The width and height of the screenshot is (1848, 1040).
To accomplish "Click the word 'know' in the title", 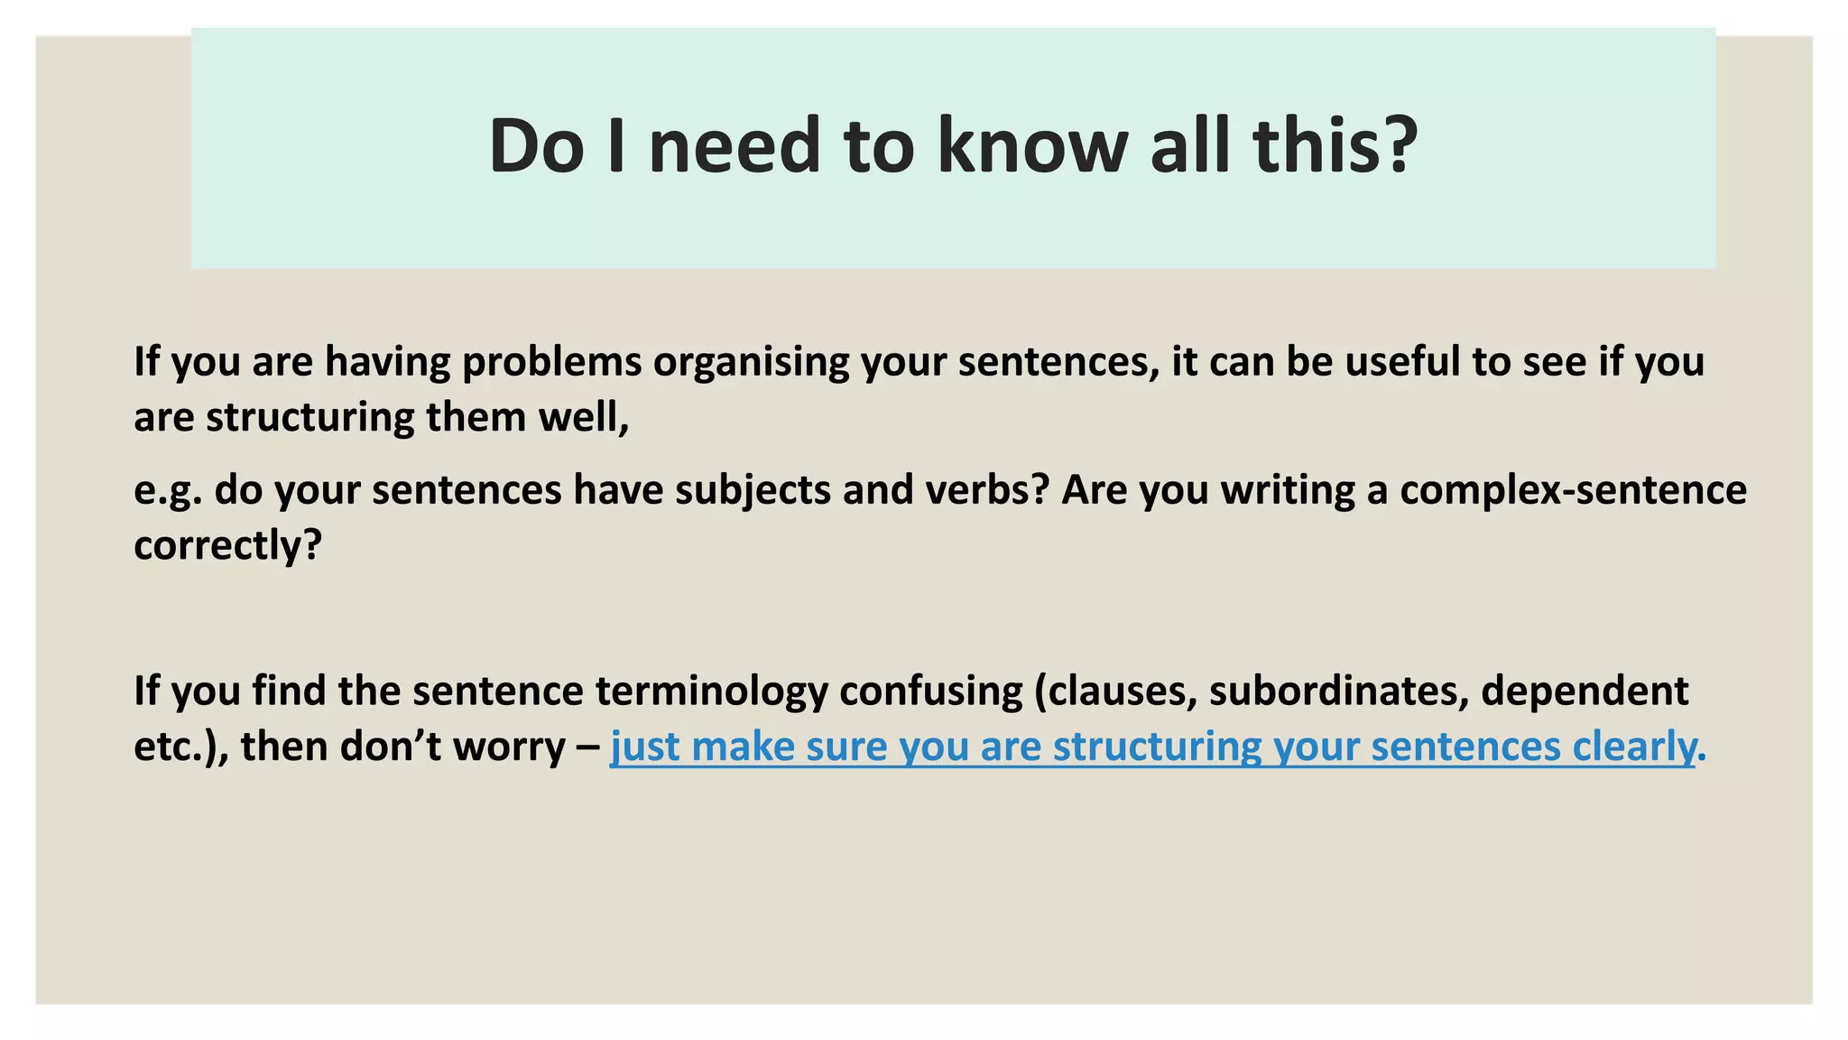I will coord(1032,146).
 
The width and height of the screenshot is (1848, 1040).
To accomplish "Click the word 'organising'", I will coord(751,361).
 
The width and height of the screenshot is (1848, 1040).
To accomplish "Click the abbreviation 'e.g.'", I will coord(167,490).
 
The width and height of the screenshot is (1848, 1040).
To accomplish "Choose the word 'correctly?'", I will coord(227,545).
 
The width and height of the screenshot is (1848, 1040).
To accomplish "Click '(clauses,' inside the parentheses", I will coord(1115,691).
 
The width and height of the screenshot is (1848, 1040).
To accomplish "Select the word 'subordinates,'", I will coord(1338,691).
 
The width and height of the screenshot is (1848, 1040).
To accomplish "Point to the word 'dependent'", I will coord(1585,691).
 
